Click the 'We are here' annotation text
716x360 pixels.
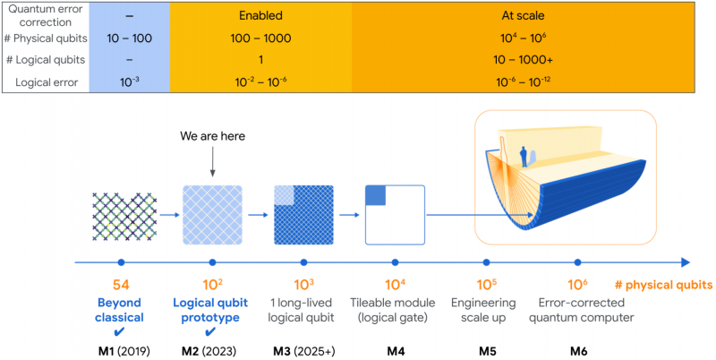pyautogui.click(x=213, y=137)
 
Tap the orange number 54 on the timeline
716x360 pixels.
pyautogui.click(x=119, y=285)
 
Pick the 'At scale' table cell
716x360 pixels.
pyautogui.click(x=521, y=16)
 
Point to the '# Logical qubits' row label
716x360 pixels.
pyautogui.click(x=47, y=61)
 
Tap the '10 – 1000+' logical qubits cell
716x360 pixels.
pyautogui.click(x=521, y=61)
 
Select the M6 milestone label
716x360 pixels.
pyautogui.click(x=578, y=347)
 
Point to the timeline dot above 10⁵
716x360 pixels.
pyautogui.click(x=486, y=262)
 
